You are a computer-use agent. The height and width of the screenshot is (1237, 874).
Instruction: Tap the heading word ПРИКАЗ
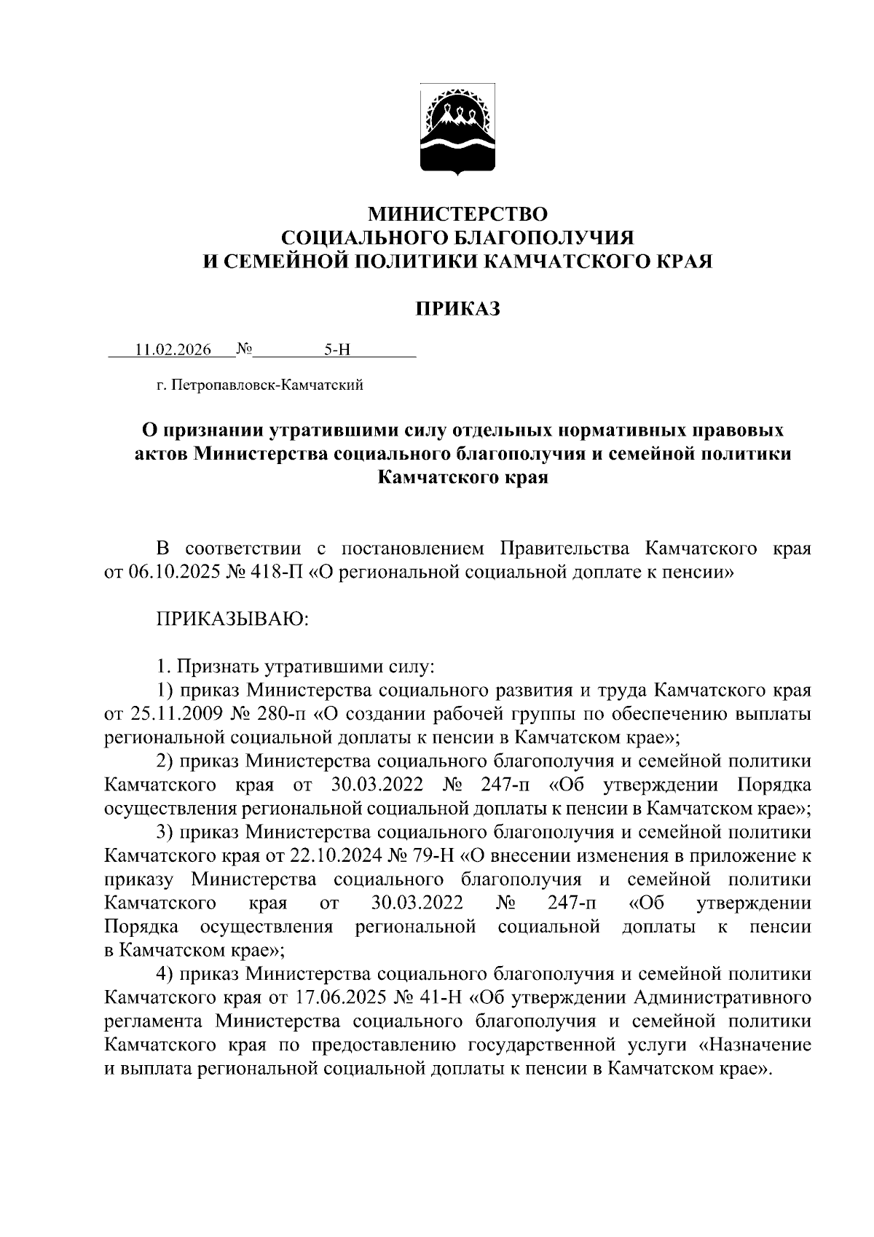click(457, 309)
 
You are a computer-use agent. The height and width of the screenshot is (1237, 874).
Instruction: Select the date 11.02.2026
click(173, 350)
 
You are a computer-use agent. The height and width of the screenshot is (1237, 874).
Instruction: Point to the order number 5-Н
click(337, 350)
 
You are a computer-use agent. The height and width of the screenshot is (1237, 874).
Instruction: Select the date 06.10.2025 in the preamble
click(170, 573)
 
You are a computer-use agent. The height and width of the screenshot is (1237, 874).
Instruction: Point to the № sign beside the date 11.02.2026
click(244, 350)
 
